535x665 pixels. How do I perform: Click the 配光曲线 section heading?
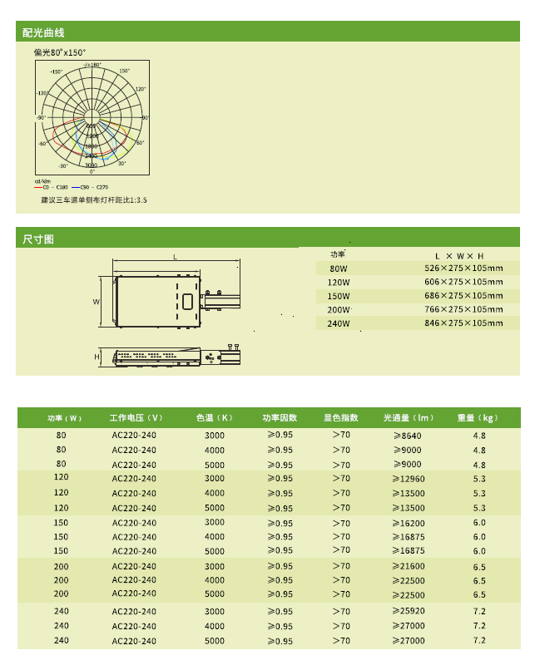pyautogui.click(x=43, y=32)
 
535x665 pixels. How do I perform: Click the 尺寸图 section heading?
pyautogui.click(x=38, y=239)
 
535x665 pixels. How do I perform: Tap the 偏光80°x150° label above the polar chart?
pyautogui.click(x=60, y=52)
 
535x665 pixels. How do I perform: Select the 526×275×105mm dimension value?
pyautogui.click(x=463, y=268)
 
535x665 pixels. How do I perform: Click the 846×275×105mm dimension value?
pyautogui.click(x=463, y=323)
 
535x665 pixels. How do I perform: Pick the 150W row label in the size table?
pyautogui.click(x=339, y=296)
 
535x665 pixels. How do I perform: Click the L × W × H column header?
pyautogui.click(x=459, y=255)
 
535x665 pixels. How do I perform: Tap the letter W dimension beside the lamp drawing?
pyautogui.click(x=97, y=302)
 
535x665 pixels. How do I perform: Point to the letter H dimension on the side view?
pyautogui.click(x=97, y=357)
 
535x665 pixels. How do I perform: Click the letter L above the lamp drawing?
pyautogui.click(x=175, y=257)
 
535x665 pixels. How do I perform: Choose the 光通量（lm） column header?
pyautogui.click(x=409, y=417)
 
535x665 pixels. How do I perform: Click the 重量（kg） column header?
pyautogui.click(x=478, y=417)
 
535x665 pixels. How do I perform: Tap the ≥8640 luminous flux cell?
pyautogui.click(x=408, y=436)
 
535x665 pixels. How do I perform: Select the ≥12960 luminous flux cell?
pyautogui.click(x=408, y=479)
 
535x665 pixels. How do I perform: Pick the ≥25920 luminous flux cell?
pyautogui.click(x=408, y=611)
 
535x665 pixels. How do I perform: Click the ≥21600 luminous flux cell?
pyautogui.click(x=408, y=566)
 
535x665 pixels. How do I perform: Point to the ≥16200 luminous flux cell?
pyautogui.click(x=408, y=523)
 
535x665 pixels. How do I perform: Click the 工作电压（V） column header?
pyautogui.click(x=135, y=417)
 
